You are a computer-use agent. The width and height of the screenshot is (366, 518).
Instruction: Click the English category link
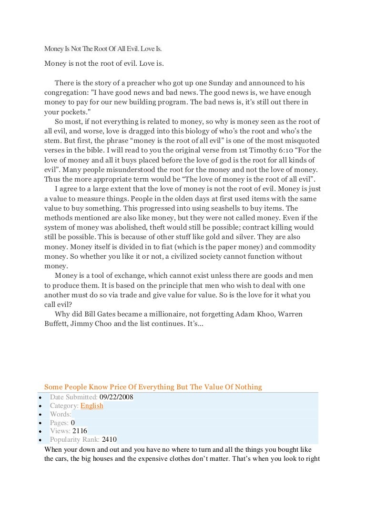(x=91, y=406)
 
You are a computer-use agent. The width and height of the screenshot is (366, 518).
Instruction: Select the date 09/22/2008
(x=116, y=397)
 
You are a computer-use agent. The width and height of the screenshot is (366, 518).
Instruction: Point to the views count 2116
(x=80, y=431)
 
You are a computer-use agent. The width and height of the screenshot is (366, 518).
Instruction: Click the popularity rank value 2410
(x=109, y=439)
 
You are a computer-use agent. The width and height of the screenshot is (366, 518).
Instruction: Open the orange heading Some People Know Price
(x=153, y=387)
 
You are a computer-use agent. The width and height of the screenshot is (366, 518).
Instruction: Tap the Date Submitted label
(x=74, y=397)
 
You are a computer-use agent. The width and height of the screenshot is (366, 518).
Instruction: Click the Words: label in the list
(x=61, y=414)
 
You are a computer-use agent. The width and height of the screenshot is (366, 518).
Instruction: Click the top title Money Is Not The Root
(x=103, y=49)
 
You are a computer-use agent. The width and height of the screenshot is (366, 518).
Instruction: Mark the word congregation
(x=66, y=91)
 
